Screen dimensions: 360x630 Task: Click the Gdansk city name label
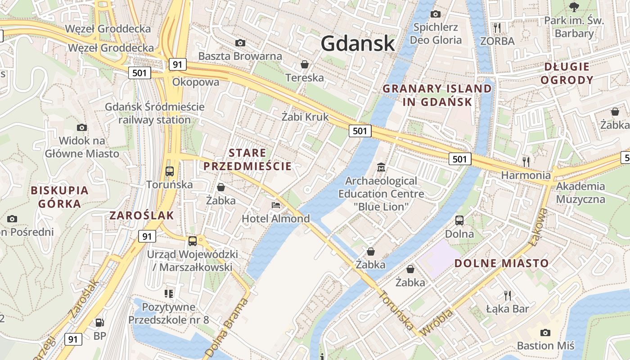(x=358, y=44)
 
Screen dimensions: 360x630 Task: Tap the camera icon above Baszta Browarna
(x=240, y=43)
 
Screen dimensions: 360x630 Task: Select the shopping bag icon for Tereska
(x=305, y=64)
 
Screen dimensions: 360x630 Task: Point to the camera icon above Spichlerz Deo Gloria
(x=435, y=14)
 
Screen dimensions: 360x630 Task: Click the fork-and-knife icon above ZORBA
(x=497, y=28)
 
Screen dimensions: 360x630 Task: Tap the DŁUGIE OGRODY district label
(x=567, y=73)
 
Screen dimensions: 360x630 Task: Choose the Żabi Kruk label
(x=305, y=117)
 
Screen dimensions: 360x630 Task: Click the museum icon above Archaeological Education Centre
(x=381, y=167)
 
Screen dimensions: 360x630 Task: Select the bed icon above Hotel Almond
(x=276, y=205)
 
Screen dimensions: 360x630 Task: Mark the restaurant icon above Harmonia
(x=526, y=161)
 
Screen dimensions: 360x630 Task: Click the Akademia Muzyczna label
(x=580, y=193)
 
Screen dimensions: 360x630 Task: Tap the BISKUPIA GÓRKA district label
(x=59, y=197)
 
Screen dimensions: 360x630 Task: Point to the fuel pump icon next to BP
(x=99, y=322)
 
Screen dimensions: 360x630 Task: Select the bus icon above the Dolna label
(x=459, y=220)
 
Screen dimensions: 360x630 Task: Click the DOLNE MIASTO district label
(x=501, y=263)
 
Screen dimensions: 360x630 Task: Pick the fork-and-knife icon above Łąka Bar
(x=508, y=295)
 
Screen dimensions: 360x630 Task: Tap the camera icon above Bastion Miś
(x=545, y=333)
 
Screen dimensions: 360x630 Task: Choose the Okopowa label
(x=196, y=82)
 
